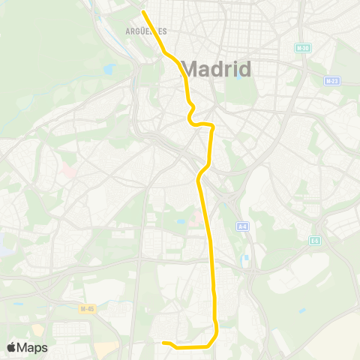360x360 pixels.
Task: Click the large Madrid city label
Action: tap(217, 70)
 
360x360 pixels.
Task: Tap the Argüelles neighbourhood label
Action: tap(146, 31)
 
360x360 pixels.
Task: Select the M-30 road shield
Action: tap(303, 48)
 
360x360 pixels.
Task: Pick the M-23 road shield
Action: tap(332, 80)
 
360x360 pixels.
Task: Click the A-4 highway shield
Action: tap(242, 226)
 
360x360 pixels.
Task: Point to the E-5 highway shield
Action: tap(316, 241)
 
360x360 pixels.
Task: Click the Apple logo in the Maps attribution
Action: tap(12, 347)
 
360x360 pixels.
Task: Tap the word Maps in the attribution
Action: tap(33, 347)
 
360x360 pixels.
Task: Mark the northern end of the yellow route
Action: tap(143, 11)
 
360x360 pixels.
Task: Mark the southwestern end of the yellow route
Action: tap(163, 343)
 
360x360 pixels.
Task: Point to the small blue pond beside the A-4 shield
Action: tap(245, 259)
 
